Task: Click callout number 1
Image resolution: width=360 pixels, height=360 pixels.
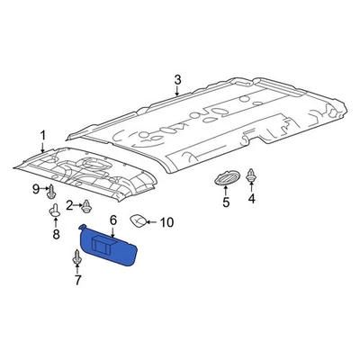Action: (x=41, y=138)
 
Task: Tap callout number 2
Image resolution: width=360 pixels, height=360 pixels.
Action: (x=67, y=205)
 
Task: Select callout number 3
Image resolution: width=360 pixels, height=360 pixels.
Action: (x=177, y=81)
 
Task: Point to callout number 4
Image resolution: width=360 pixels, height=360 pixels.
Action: (x=251, y=201)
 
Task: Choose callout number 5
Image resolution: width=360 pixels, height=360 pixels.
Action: (x=226, y=202)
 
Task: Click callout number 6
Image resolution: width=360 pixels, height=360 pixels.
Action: (x=113, y=220)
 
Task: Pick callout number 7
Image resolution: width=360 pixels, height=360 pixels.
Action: (x=77, y=282)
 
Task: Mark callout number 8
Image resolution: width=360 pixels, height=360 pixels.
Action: (x=55, y=235)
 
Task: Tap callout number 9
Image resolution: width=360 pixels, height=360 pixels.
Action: (x=37, y=189)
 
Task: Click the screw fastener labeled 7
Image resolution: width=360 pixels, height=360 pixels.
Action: (x=76, y=260)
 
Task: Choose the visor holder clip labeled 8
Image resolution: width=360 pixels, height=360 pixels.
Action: (x=54, y=213)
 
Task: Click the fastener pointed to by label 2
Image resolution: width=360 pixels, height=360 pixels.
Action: (x=85, y=206)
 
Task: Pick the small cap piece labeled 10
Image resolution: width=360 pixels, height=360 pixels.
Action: (x=139, y=220)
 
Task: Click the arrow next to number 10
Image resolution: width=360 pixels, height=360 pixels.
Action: (x=154, y=220)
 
